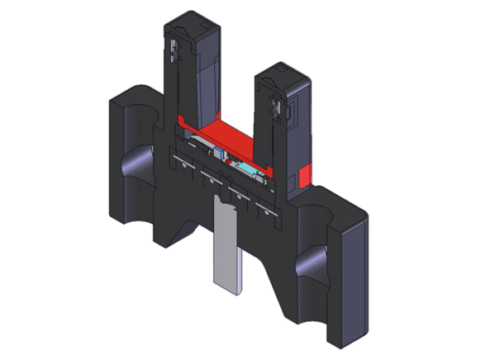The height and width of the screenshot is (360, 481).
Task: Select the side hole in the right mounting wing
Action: [312, 264]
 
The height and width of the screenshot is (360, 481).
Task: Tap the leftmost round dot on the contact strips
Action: [182, 166]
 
